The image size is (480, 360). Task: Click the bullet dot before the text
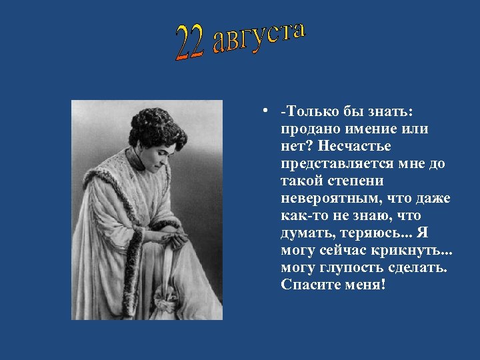(265, 111)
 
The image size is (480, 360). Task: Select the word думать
(303, 233)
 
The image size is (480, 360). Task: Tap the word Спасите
(310, 285)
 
